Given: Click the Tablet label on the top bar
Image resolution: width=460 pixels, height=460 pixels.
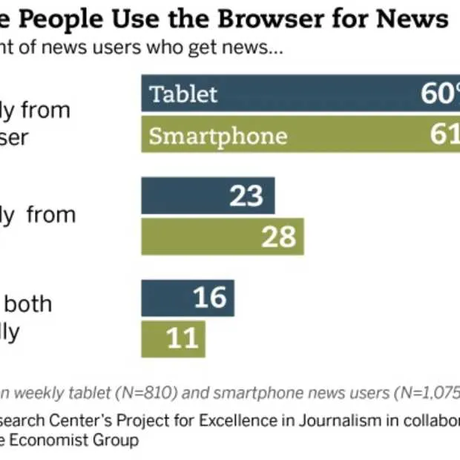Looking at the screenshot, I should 183,94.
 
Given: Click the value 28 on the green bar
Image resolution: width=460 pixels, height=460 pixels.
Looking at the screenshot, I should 278,237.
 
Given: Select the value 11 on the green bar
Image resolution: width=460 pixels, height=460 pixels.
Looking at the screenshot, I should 182,338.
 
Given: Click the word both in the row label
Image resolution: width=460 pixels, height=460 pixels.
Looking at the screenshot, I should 30,303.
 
